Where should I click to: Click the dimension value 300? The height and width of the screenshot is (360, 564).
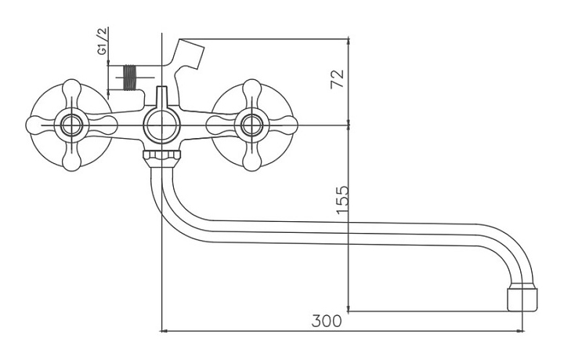coord(327,321)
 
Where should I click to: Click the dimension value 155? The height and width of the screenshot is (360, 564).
coord(343,200)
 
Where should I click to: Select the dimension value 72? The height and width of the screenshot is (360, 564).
coord(338,79)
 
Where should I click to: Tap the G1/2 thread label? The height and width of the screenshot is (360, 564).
coord(103,41)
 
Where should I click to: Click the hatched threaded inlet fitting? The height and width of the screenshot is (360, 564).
coord(131,78)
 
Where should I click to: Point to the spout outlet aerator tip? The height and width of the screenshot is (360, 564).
coord(522,299)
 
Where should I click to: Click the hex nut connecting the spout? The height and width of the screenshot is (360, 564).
coord(162,158)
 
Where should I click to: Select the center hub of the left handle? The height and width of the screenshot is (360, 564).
coord(71,125)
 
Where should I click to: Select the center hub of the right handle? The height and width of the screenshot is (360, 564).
coord(251,125)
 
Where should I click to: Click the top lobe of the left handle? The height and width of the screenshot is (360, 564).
coord(71,93)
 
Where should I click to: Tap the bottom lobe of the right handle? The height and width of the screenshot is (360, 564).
coord(251,158)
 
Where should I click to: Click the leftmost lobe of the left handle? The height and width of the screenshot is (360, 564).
coord(40,125)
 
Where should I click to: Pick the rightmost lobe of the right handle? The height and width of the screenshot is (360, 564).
coord(284,125)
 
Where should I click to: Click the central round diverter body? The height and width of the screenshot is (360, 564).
coord(161,126)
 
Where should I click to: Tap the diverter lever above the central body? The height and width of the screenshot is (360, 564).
coord(162,98)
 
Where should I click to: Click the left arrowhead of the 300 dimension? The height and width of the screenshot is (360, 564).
coord(164,331)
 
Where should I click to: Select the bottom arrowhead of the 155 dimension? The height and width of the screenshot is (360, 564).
coord(348,307)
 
